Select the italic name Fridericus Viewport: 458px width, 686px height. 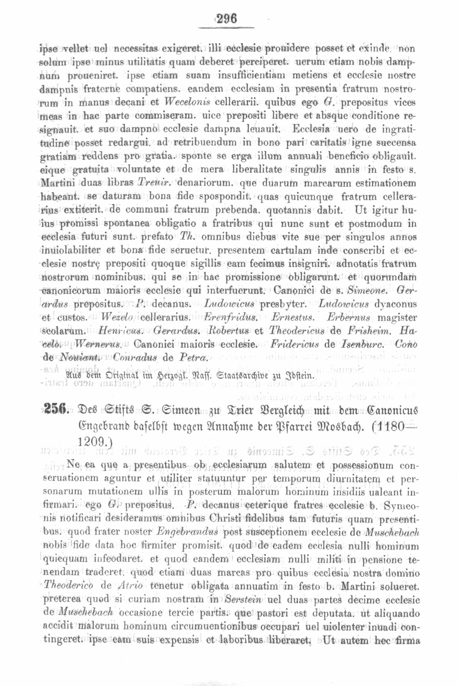(x=295, y=344)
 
